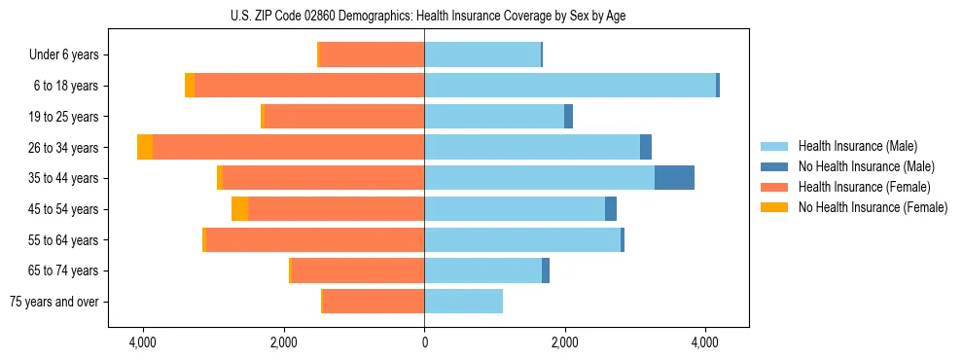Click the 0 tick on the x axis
(424, 342)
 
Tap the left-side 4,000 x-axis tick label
(143, 342)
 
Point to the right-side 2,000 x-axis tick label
(565, 342)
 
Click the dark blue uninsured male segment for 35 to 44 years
(674, 178)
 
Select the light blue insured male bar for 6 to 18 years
(570, 86)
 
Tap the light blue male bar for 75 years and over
(463, 302)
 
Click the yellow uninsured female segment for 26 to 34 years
(145, 147)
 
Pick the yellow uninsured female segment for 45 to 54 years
(239, 209)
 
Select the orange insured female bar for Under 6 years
(372, 54)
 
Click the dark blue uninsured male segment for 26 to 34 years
(646, 147)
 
